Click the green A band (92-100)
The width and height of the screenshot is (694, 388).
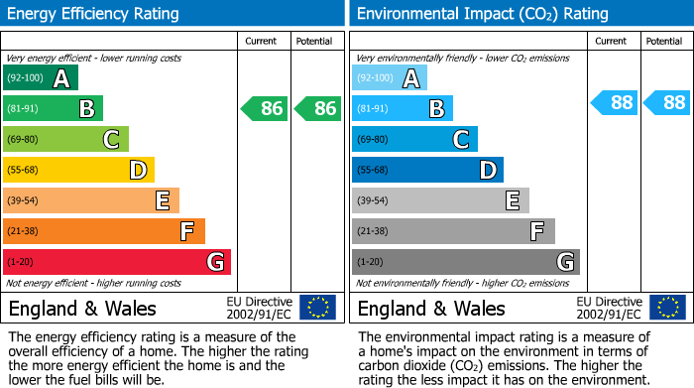pyautogui.click(x=41, y=78)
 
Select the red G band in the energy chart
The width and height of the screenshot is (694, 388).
pyautogui.click(x=117, y=262)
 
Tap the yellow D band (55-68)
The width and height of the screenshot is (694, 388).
pyautogui.click(x=79, y=170)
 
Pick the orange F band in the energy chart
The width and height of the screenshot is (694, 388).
pyautogui.click(x=104, y=231)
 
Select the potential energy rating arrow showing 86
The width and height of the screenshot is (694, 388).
pyautogui.click(x=318, y=108)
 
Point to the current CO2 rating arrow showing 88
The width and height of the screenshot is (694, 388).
pyautogui.click(x=614, y=102)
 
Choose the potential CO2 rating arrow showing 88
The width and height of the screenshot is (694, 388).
pyautogui.click(x=666, y=102)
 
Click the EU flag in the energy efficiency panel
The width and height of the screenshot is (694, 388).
pyautogui.click(x=317, y=307)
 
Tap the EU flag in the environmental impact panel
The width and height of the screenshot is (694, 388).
pyautogui.click(x=666, y=307)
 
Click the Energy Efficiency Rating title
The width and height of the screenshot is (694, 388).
pyautogui.click(x=94, y=14)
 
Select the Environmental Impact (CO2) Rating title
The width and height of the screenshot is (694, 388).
pyautogui.click(x=482, y=14)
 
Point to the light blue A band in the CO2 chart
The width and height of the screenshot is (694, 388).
pyautogui.click(x=390, y=78)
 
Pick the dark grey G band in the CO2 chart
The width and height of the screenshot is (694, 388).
pyautogui.click(x=465, y=262)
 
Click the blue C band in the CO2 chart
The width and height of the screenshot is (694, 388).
pyautogui.click(x=414, y=139)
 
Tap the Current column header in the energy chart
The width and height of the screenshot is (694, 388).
pyautogui.click(x=263, y=41)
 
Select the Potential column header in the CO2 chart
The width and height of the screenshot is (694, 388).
pyautogui.click(x=664, y=41)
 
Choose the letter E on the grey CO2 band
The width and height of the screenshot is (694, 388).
pyautogui.click(x=513, y=200)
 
